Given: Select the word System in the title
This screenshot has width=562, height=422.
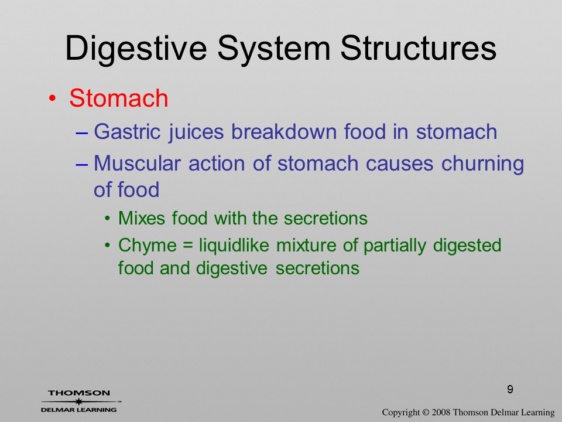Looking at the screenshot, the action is point(273,50).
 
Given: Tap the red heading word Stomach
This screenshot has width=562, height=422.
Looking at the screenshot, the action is point(119,98).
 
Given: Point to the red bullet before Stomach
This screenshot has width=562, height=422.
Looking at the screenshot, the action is point(52,98).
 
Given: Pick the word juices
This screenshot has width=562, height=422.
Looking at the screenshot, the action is point(196,132).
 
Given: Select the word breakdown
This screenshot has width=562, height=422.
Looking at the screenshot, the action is point(284,131).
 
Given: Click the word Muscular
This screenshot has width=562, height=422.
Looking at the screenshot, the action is point(137,164).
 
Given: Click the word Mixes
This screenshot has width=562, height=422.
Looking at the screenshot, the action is point(142,218).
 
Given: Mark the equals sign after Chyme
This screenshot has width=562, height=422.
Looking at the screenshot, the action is point(188,246).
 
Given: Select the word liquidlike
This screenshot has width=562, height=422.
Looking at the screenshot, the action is point(234,246).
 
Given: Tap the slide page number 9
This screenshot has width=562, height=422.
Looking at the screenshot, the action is point(510,389).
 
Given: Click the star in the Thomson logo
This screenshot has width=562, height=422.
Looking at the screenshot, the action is point(78,401).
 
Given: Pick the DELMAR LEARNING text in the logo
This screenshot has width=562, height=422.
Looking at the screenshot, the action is point(78,410).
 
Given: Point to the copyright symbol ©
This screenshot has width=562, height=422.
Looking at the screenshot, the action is point(426,412).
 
